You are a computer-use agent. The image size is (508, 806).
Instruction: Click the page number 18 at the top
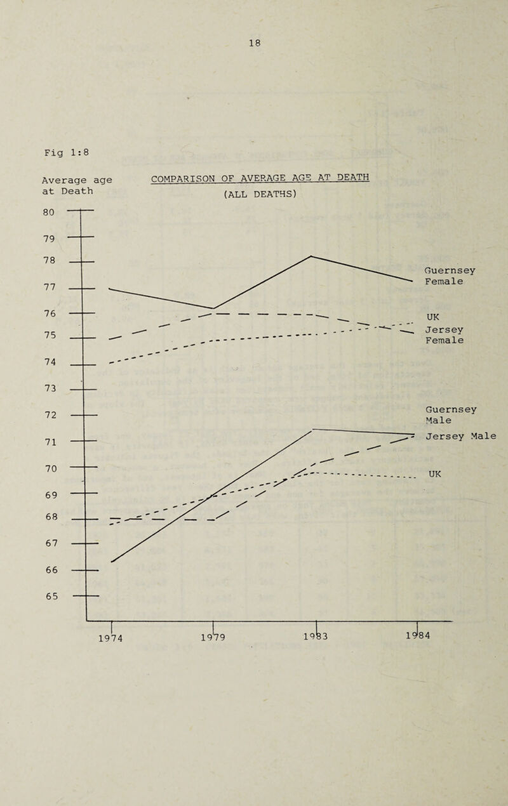[255, 43]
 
